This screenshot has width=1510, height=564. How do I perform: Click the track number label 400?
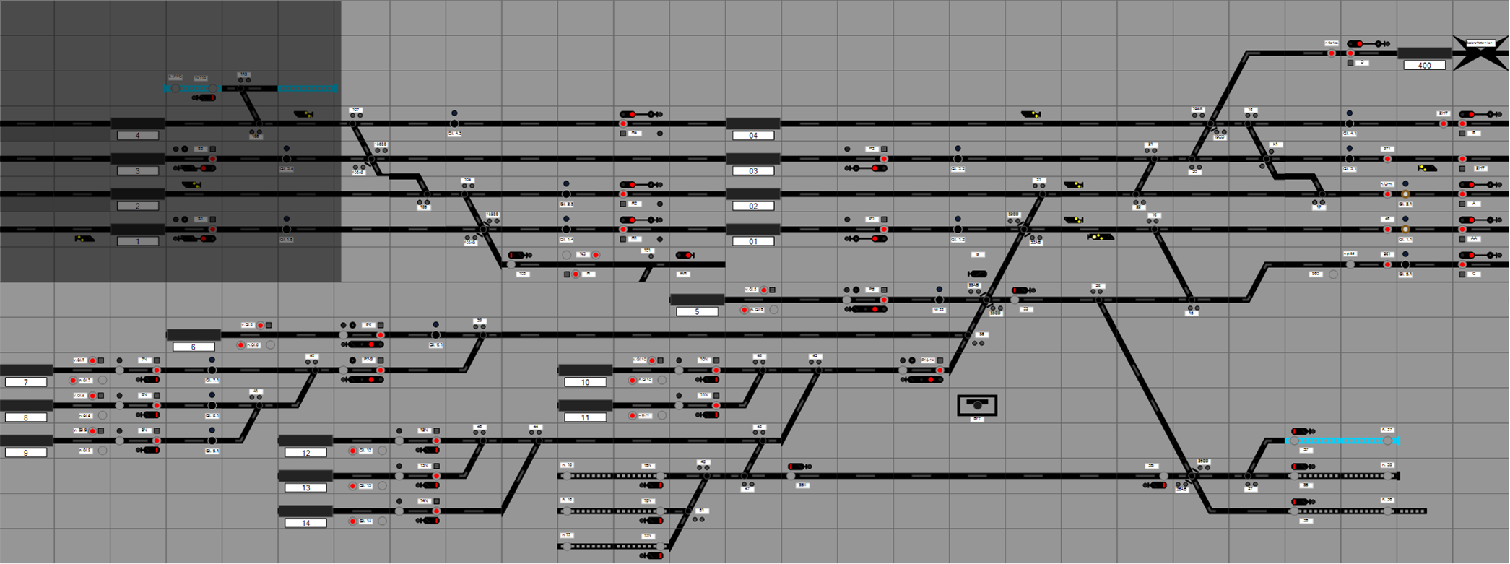coord(1424,65)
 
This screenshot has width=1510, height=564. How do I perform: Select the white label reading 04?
coord(753,136)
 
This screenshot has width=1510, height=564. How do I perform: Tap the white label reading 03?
coord(753,171)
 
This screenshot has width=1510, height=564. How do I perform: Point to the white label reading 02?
coord(753,207)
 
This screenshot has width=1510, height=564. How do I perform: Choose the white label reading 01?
coord(753,242)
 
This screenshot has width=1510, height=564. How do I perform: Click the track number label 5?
coord(697,312)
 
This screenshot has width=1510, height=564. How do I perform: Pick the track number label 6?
coord(194,347)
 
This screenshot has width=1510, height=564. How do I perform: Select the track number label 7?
coord(26,383)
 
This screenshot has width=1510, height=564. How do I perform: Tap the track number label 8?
coord(26,418)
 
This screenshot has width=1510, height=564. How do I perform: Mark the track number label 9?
coord(26,453)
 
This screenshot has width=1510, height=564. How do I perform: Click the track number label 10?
coord(585,383)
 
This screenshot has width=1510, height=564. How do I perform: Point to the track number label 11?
coord(585,418)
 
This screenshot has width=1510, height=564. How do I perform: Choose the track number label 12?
coord(305,453)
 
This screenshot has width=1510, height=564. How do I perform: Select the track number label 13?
coord(305,488)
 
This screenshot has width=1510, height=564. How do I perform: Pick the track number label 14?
coord(305,524)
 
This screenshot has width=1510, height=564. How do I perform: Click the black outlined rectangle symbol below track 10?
coord(977,405)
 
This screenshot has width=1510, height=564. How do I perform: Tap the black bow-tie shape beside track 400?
coord(1480,53)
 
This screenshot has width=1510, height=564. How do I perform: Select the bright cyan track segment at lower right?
coord(1343,441)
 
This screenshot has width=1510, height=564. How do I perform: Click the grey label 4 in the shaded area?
coord(137,136)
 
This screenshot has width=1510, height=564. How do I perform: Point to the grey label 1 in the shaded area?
coord(137,242)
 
